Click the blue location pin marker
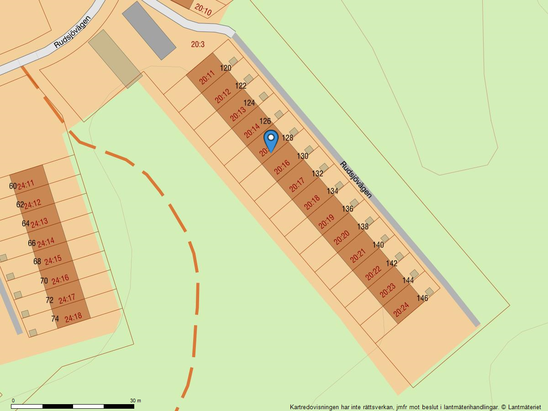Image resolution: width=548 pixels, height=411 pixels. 271,140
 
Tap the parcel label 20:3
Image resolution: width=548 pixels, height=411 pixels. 198,44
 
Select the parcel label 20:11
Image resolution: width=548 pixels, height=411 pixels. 207,78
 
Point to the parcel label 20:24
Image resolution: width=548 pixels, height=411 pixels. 401,310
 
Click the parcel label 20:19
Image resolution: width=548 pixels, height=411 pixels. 327,221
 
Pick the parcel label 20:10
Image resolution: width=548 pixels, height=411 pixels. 203,10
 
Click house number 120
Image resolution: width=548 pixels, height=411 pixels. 226,68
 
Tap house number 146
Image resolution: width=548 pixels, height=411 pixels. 422,298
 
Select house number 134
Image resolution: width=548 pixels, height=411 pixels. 332,191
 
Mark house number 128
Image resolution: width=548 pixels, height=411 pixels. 287,137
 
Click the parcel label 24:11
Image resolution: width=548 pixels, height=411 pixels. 26,184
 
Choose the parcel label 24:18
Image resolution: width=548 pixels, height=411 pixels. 73,317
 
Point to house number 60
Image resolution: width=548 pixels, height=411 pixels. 13,186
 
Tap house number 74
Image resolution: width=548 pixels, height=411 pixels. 55,319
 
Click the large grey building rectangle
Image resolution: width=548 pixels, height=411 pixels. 149,30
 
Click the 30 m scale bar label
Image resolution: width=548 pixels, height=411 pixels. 135,400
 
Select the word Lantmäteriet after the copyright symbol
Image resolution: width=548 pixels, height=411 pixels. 524,407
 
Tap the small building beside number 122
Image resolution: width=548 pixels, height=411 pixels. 248,79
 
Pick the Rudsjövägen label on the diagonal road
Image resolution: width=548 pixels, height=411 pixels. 356,179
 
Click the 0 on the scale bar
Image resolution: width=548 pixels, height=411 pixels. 13,400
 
